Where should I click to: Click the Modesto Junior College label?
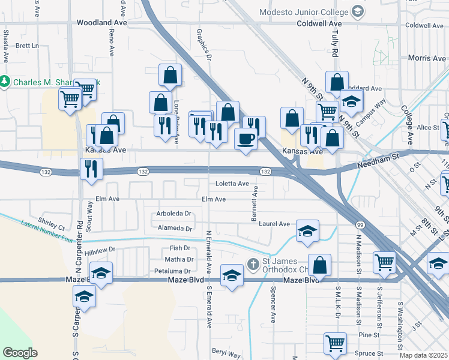(303, 12)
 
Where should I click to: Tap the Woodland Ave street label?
(102, 23)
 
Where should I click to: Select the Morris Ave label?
(426, 58)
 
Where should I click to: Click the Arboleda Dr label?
(173, 214)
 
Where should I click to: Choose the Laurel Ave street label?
(274, 224)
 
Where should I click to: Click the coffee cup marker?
(246, 140)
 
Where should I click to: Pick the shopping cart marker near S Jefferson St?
(384, 261)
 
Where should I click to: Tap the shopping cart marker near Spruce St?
(336, 343)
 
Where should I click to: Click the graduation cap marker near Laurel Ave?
(307, 231)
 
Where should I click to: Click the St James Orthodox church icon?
(254, 263)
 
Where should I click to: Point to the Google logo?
(20, 353)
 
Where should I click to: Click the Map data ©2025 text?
(424, 356)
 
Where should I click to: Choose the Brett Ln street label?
(27, 46)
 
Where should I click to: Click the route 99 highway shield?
(360, 224)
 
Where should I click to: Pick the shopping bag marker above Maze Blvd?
(321, 266)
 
